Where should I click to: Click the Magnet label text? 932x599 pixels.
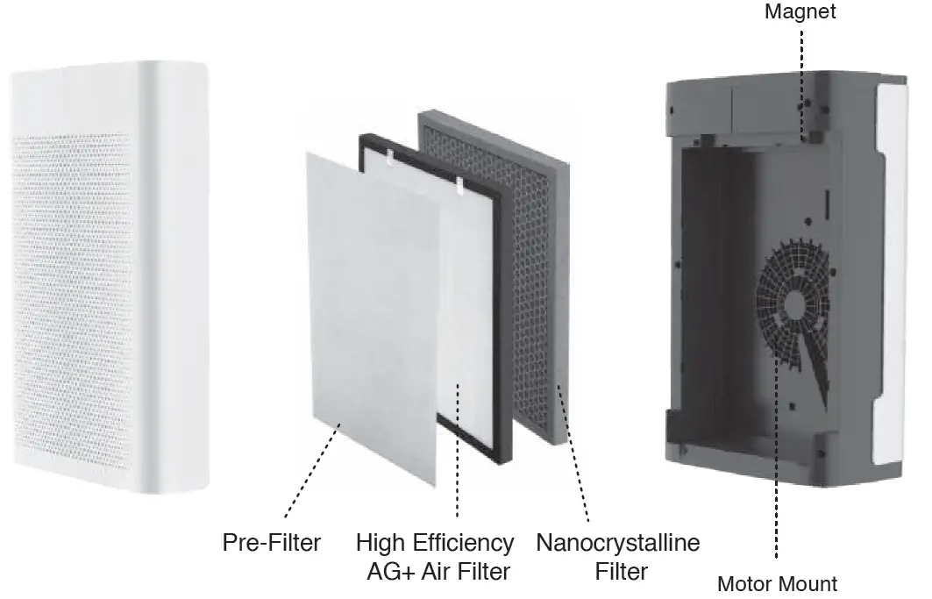pyautogui.click(x=800, y=12)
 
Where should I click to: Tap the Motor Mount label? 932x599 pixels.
pyautogui.click(x=777, y=584)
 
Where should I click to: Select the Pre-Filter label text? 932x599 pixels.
pyautogui.click(x=271, y=543)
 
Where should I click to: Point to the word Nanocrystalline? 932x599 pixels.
pyautogui.click(x=618, y=543)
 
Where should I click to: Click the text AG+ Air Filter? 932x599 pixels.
pyautogui.click(x=438, y=572)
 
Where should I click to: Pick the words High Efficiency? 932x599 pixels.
pyautogui.click(x=435, y=543)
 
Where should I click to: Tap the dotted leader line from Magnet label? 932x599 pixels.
pyautogui.click(x=800, y=79)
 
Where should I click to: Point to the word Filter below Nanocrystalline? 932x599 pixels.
pyautogui.click(x=621, y=572)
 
